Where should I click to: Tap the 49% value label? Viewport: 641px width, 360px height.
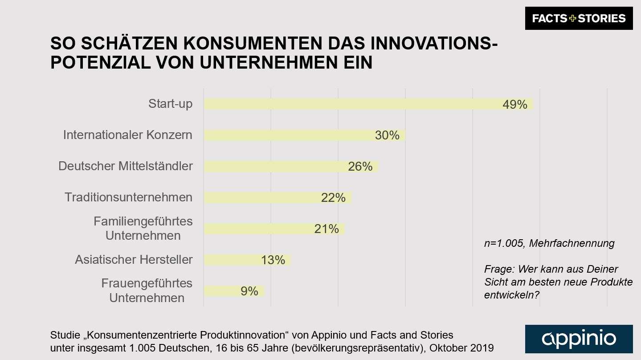(514, 105)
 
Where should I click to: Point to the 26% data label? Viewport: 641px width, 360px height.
(360, 167)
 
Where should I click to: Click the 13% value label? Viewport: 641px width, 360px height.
(273, 260)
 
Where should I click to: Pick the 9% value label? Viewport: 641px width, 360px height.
(249, 291)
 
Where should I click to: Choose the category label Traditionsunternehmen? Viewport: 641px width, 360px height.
(128, 197)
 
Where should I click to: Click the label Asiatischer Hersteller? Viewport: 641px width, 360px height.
(134, 260)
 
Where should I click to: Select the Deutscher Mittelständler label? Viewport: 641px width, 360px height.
(125, 166)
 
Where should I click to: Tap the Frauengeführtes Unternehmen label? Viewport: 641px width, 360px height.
(147, 290)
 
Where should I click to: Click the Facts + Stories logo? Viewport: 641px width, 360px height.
(579, 19)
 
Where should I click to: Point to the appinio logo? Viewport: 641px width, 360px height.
(579, 339)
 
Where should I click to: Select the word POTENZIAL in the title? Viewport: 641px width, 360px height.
(101, 63)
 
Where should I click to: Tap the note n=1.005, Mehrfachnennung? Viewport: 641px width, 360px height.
(549, 243)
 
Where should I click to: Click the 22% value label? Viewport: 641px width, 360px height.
(333, 198)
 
